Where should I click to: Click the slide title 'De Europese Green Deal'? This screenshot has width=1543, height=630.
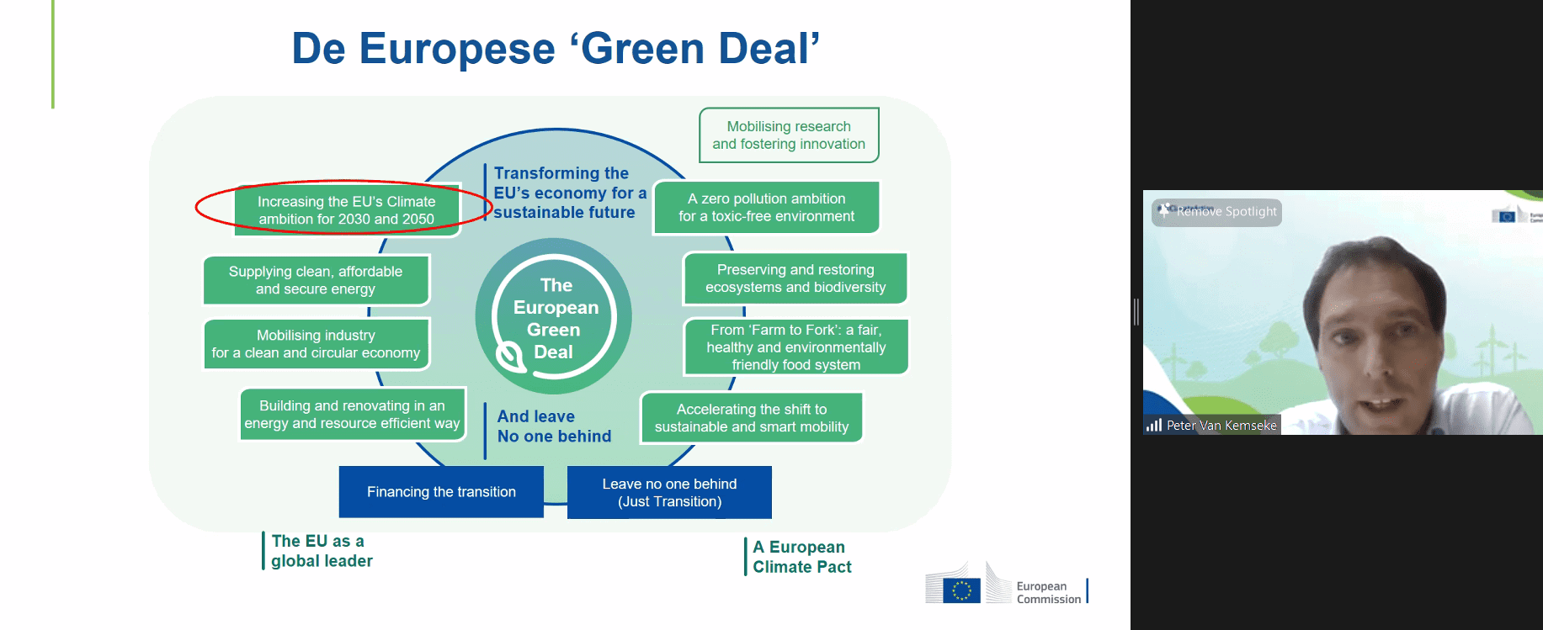pyautogui.click(x=556, y=49)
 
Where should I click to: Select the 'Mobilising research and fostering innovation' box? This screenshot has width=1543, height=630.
pyautogui.click(x=789, y=135)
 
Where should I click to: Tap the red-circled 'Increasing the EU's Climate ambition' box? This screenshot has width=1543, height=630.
pyautogui.click(x=346, y=210)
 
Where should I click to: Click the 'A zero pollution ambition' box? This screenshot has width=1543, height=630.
pyautogui.click(x=766, y=208)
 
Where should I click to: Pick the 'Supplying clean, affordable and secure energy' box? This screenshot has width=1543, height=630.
pyautogui.click(x=316, y=280)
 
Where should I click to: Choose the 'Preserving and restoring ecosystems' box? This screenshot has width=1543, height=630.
pyautogui.click(x=795, y=278)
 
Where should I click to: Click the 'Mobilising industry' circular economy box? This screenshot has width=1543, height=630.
pyautogui.click(x=316, y=344)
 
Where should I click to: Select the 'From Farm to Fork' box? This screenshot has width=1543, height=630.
pyautogui.click(x=795, y=347)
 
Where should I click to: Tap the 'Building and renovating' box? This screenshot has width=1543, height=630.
pyautogui.click(x=352, y=415)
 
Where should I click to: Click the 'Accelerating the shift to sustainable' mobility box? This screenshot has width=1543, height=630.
pyautogui.click(x=752, y=418)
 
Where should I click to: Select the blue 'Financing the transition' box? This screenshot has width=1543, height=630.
pyautogui.click(x=441, y=492)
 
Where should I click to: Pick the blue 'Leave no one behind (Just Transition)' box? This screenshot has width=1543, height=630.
pyautogui.click(x=669, y=493)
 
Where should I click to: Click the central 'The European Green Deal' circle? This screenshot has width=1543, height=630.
pyautogui.click(x=554, y=317)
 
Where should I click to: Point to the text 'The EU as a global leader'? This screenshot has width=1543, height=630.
pyautogui.click(x=321, y=551)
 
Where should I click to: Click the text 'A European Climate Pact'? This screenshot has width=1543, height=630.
pyautogui.click(x=801, y=557)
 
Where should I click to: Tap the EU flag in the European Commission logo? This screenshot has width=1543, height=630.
pyautogui.click(x=961, y=590)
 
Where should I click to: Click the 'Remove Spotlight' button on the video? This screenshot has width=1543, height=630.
pyautogui.click(x=1217, y=212)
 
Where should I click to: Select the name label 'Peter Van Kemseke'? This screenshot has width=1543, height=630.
pyautogui.click(x=1221, y=426)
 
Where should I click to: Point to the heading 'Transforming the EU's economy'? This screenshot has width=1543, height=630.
pyautogui.click(x=569, y=193)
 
